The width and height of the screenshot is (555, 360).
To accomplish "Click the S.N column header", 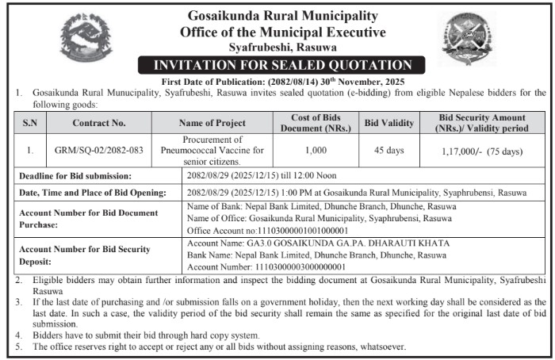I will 29,123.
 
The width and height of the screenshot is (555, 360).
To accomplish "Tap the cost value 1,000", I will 317,150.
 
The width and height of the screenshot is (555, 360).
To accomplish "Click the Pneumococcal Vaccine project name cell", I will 212,150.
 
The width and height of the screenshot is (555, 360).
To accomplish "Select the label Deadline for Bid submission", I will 75,176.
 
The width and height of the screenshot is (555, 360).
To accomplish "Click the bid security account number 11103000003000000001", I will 292,267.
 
